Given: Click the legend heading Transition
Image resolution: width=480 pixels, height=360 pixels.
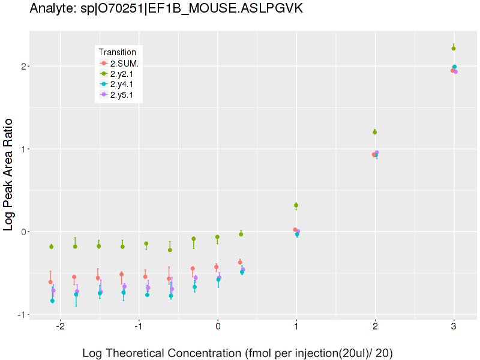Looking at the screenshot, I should (x=121, y=52).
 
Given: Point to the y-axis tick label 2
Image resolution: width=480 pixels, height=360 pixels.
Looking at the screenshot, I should (x=23, y=66).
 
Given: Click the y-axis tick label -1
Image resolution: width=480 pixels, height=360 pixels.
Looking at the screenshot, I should (x=21, y=314).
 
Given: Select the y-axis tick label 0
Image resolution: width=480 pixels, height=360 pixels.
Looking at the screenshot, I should (x=23, y=232).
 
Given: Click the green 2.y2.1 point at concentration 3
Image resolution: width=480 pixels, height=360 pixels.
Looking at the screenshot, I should (x=454, y=48).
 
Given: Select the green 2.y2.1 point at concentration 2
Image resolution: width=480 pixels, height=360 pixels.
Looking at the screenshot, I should (x=375, y=132).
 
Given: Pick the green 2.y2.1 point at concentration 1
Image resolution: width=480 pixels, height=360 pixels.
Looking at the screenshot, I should (x=296, y=205).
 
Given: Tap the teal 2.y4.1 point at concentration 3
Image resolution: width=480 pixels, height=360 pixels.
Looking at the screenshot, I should (x=454, y=67).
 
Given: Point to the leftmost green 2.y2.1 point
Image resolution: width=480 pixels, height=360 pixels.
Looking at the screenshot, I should (x=52, y=247).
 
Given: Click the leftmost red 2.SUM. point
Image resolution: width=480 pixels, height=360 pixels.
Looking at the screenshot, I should (x=50, y=282).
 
